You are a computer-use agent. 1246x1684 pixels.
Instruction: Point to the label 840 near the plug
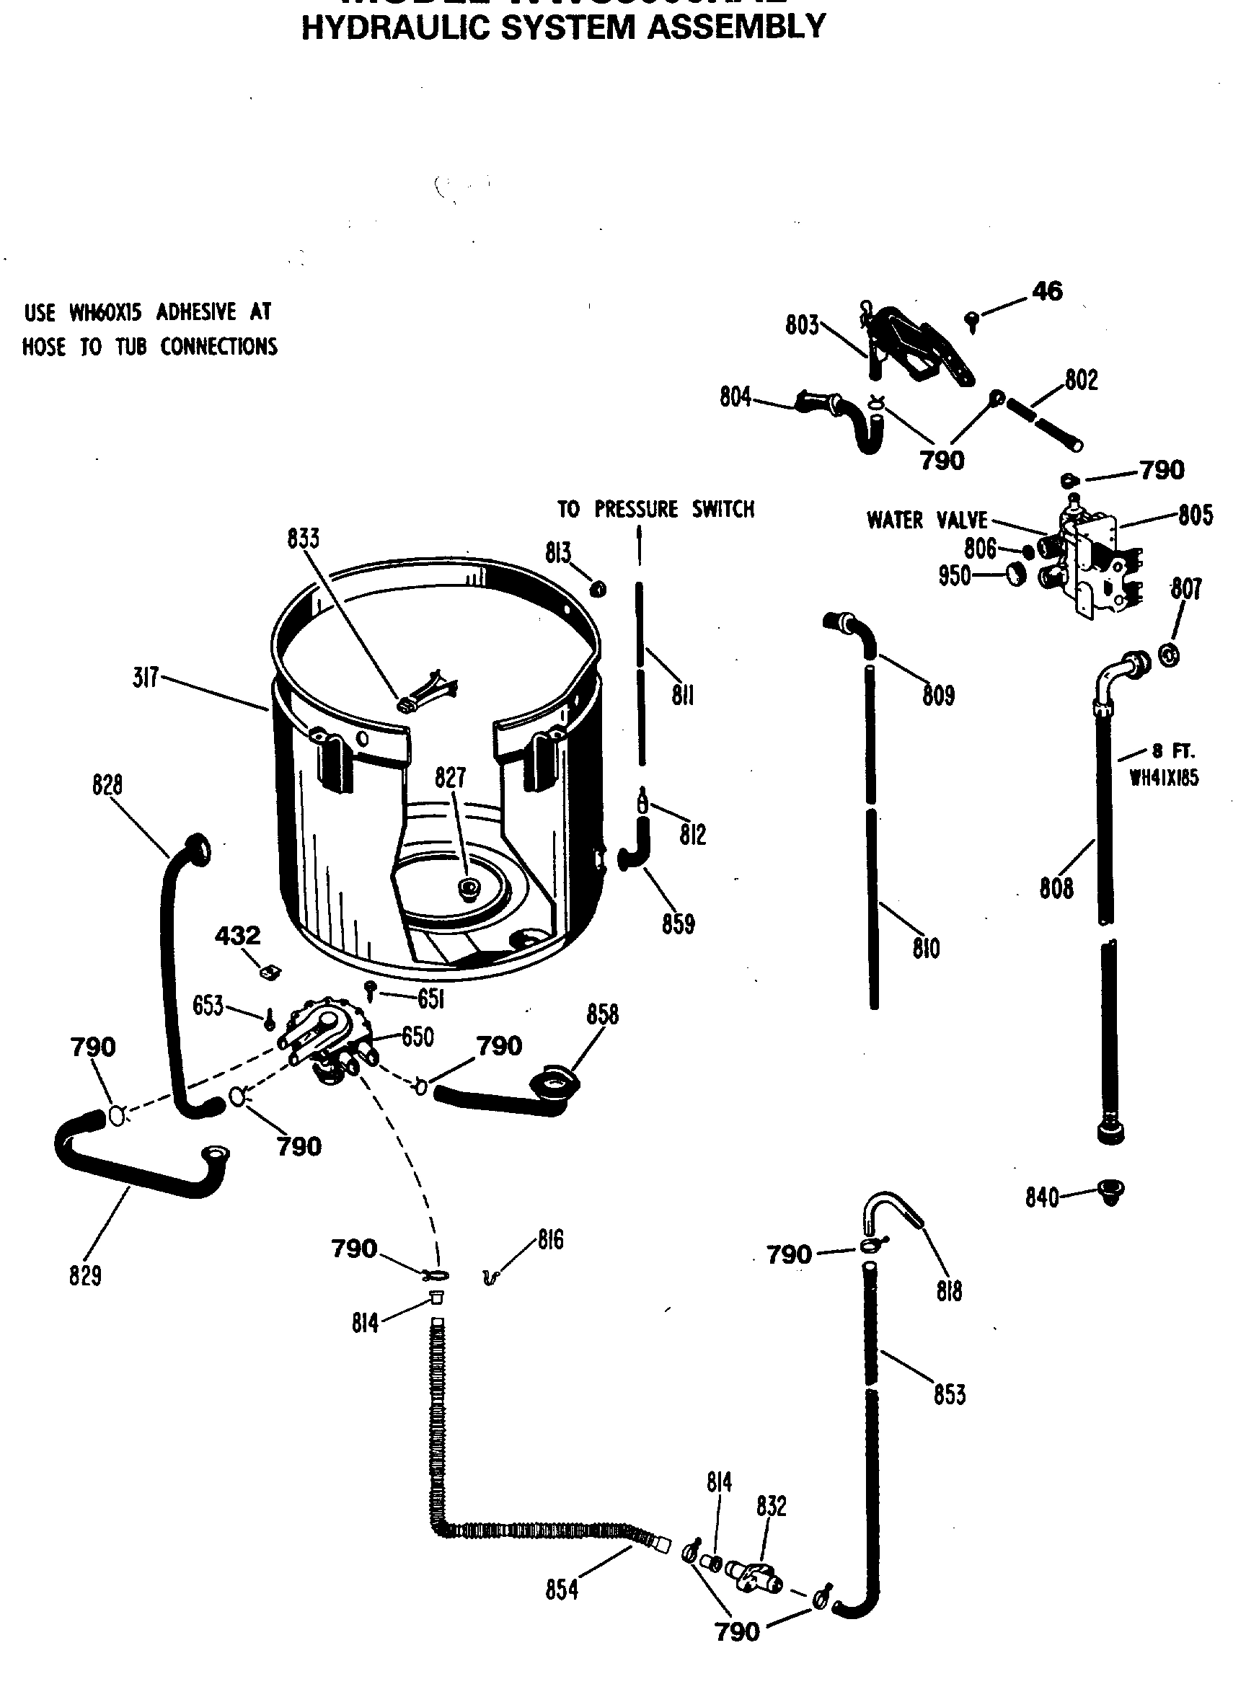1042,1197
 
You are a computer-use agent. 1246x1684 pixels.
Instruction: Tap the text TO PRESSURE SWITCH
655,509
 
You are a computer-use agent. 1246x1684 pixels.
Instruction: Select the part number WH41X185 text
1164,778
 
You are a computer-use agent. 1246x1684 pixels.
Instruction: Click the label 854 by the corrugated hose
562,1590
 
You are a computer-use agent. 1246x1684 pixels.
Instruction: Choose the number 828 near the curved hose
107,785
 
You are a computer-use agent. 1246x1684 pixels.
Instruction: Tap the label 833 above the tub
303,539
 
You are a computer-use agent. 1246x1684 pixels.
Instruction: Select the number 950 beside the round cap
954,576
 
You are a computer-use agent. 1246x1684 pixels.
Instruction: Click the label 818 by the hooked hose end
949,1292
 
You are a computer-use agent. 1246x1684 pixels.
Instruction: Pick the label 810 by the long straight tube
926,948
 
